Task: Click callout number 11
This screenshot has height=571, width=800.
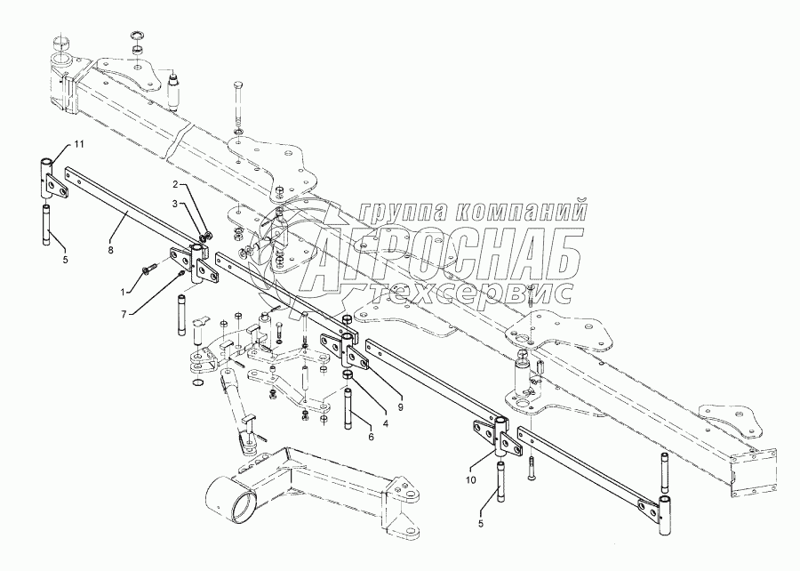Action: point(78,143)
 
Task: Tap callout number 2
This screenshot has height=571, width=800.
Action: point(176,203)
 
